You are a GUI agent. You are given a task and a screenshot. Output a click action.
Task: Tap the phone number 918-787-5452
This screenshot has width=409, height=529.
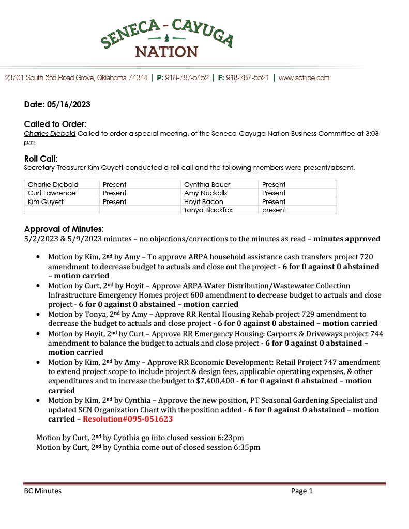coord(187,78)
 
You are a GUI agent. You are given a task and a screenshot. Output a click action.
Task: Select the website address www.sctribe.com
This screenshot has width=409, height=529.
coord(304,78)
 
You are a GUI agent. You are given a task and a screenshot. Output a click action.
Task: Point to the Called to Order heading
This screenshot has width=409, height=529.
coord(55,125)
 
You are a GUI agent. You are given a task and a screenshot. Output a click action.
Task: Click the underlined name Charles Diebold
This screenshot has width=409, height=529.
coord(50,133)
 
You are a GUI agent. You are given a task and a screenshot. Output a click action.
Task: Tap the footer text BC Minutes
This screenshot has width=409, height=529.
coord(42,491)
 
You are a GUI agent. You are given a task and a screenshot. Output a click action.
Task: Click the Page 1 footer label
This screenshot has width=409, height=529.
coord(301,491)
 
